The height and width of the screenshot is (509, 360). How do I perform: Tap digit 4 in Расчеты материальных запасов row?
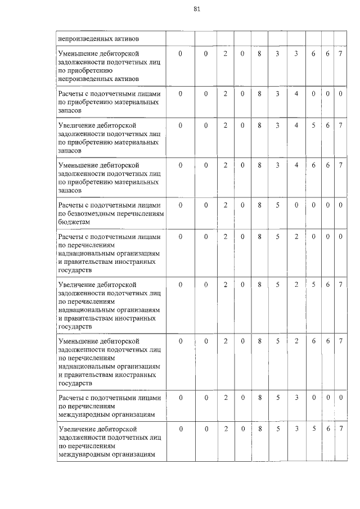pyautogui.click(x=296, y=93)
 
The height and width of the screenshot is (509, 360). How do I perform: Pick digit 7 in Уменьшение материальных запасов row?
pyautogui.click(x=340, y=165)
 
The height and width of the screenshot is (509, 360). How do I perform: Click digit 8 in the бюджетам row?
pyautogui.click(x=259, y=205)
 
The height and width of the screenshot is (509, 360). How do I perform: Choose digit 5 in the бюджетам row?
pyautogui.click(x=278, y=205)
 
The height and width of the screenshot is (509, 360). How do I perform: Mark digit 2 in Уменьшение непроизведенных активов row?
pyautogui.click(x=225, y=53)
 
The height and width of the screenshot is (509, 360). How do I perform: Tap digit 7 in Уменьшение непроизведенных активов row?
pyautogui.click(x=340, y=53)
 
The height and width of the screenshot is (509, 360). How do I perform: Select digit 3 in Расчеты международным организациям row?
pyautogui.click(x=296, y=398)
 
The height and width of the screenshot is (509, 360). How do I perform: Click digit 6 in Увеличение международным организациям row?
pyautogui.click(x=327, y=429)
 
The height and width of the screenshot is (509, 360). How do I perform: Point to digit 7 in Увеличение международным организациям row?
pyautogui.click(x=340, y=429)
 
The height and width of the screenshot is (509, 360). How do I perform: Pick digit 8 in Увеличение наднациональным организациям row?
pyautogui.click(x=259, y=285)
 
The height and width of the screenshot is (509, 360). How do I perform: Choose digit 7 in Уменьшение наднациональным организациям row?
pyautogui.click(x=340, y=341)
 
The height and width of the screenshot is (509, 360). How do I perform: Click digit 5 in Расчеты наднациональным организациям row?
pyautogui.click(x=278, y=237)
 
